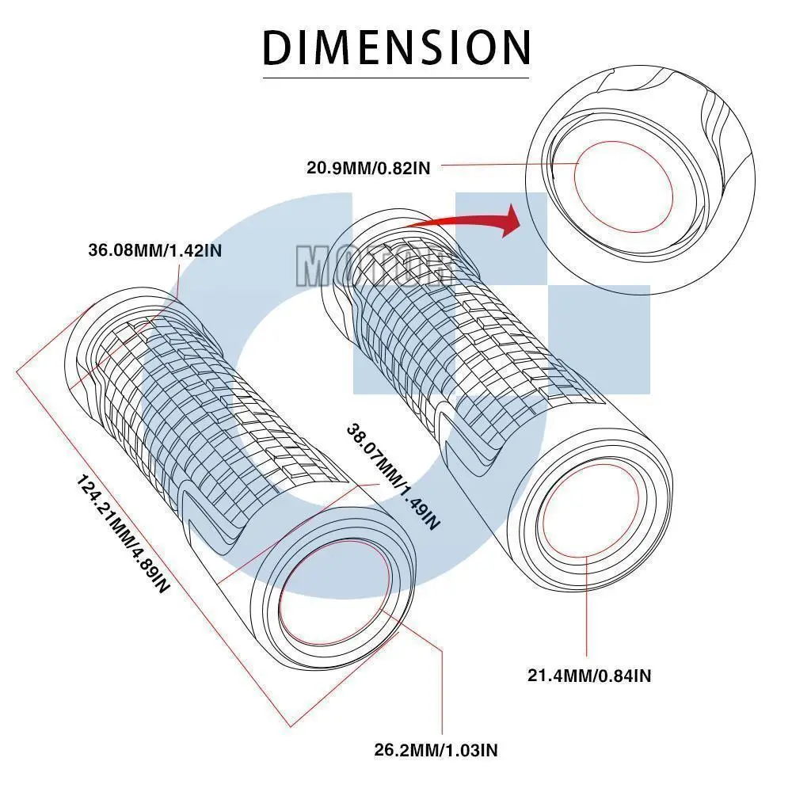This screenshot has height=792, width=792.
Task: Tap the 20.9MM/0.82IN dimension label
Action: tap(368, 167)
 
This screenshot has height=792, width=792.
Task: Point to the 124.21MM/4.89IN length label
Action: tap(123, 535)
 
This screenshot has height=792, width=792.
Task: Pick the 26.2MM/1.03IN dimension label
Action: tap(436, 749)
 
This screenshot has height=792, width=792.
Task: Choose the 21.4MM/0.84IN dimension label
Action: tap(589, 676)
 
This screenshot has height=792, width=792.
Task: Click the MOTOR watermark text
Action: tap(372, 265)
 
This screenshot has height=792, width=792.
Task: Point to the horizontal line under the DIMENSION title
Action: tap(396, 78)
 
